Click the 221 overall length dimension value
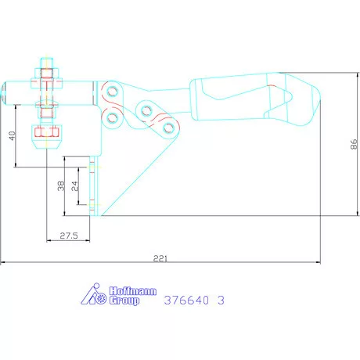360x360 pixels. pyautogui.click(x=160, y=258)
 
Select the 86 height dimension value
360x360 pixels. pyautogui.click(x=354, y=144)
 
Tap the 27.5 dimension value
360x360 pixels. pyautogui.click(x=69, y=236)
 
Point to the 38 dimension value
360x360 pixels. pyautogui.click(x=61, y=186)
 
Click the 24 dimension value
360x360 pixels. pyautogui.click(x=74, y=186)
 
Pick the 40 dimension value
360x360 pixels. pyautogui.click(x=13, y=135)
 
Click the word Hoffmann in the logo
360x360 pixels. pyautogui.click(x=133, y=291)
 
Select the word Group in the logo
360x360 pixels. pyautogui.click(x=124, y=301)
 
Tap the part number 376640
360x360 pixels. pyautogui.click(x=186, y=301)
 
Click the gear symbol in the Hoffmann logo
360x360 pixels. pyautogui.click(x=101, y=298)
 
